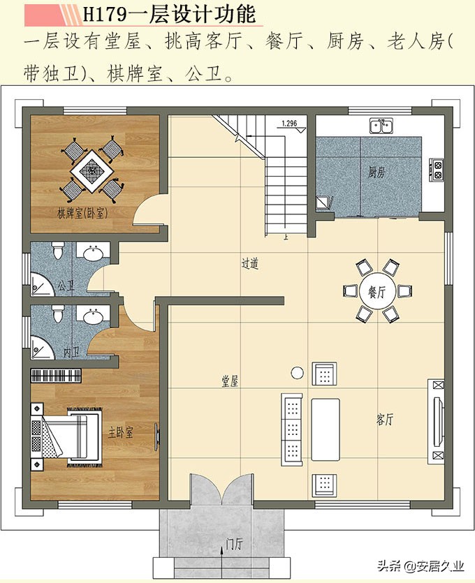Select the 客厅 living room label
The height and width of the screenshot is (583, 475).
(385, 420)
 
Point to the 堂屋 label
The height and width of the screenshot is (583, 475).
(231, 381)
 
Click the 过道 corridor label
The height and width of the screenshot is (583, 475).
(250, 264)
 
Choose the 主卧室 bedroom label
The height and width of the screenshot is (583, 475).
(121, 433)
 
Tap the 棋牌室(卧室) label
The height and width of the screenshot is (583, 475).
(82, 212)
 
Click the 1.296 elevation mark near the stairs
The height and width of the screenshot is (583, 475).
(288, 124)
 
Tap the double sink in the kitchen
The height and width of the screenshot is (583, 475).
(381, 126)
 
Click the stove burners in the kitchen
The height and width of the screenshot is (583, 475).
(439, 170)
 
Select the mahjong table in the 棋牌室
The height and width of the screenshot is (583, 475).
(91, 168)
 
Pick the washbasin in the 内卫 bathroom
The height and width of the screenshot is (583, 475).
(94, 318)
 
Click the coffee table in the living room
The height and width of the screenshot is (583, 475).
(325, 429)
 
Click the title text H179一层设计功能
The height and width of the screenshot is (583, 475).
(168, 13)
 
